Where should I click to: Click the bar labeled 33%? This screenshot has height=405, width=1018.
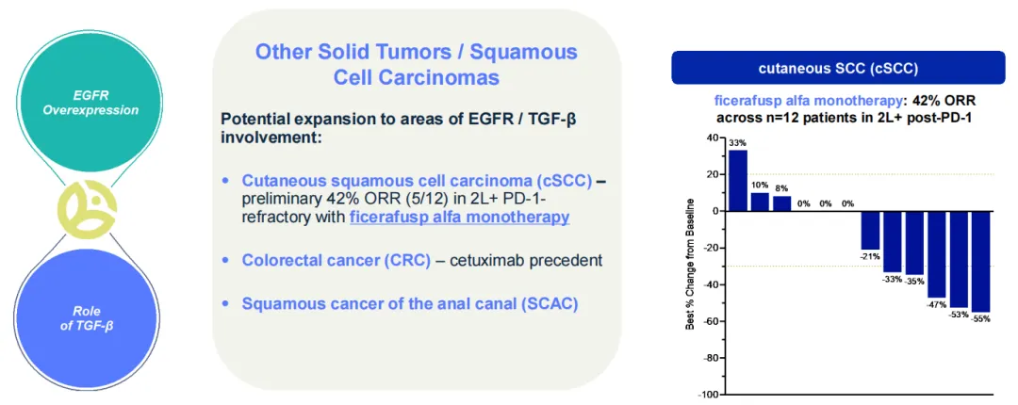(x=737, y=181)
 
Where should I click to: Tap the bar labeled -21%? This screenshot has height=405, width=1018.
(x=870, y=231)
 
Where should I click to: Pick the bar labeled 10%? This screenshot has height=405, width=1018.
(x=760, y=202)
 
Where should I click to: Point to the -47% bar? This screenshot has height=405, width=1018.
(x=936, y=254)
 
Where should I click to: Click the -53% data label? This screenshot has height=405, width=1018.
(x=959, y=315)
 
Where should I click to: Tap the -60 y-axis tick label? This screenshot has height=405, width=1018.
(x=712, y=321)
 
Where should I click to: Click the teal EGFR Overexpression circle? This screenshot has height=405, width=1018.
(x=90, y=102)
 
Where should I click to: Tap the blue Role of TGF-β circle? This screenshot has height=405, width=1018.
(x=90, y=315)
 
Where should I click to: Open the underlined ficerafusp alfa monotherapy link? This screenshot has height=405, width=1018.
(x=460, y=218)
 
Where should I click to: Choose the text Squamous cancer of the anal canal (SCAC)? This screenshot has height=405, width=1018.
(x=410, y=303)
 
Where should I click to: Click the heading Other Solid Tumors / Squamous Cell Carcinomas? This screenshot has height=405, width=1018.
(x=417, y=64)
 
